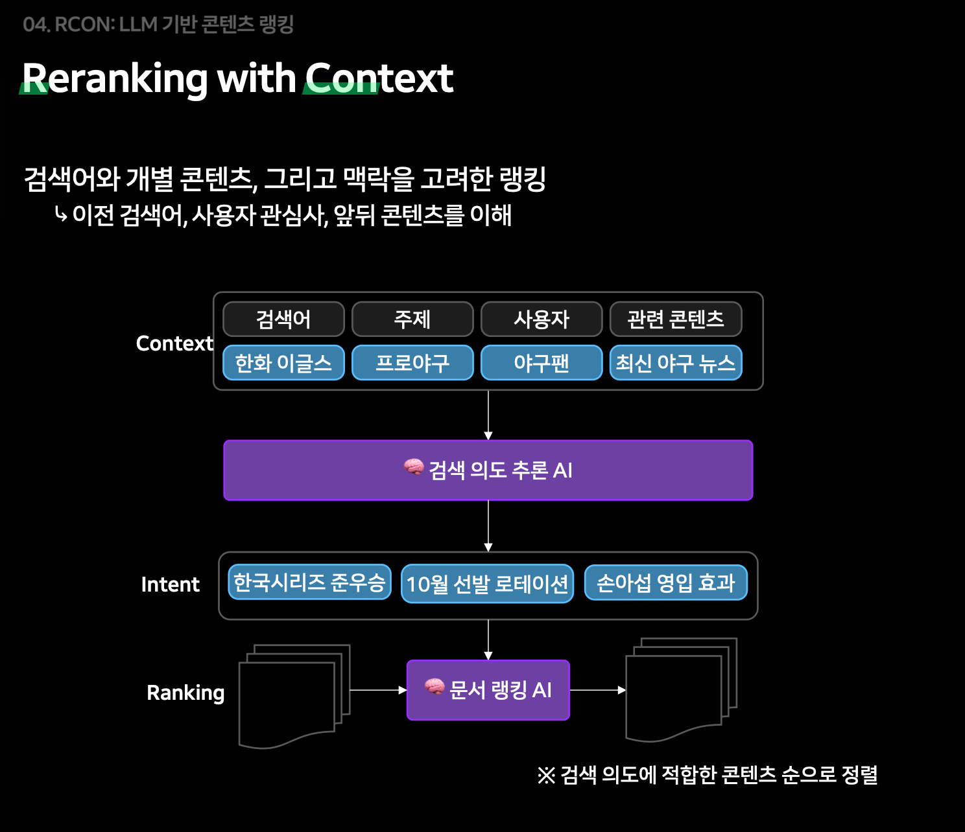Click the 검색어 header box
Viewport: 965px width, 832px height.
pyautogui.click(x=283, y=319)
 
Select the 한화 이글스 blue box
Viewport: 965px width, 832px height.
pyautogui.click(x=283, y=363)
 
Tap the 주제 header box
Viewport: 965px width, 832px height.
pyautogui.click(x=412, y=319)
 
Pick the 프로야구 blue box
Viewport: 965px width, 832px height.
pyautogui.click(x=412, y=363)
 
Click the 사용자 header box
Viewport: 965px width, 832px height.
pyautogui.click(x=542, y=319)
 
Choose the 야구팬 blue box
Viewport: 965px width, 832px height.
pyautogui.click(x=542, y=363)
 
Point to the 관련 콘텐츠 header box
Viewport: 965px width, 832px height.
pyautogui.click(x=676, y=319)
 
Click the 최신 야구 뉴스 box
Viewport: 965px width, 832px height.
pyautogui.click(x=676, y=363)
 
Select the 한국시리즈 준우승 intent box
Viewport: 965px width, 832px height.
pyautogui.click(x=309, y=583)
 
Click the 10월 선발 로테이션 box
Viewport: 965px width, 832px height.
pyautogui.click(x=487, y=584)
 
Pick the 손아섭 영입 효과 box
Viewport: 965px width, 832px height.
pyautogui.click(x=665, y=583)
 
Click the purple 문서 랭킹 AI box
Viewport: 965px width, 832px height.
pyautogui.click(x=488, y=690)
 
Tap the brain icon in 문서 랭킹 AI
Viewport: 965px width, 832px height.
pyautogui.click(x=435, y=687)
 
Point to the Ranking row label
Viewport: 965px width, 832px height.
pyautogui.click(x=185, y=693)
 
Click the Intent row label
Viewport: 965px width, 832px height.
pyautogui.click(x=171, y=584)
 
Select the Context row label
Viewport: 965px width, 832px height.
pyautogui.click(x=174, y=343)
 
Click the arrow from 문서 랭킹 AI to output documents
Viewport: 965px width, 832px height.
pyautogui.click(x=597, y=690)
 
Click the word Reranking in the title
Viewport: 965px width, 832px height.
pyautogui.click(x=115, y=78)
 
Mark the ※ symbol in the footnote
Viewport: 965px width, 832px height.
pyautogui.click(x=546, y=775)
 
